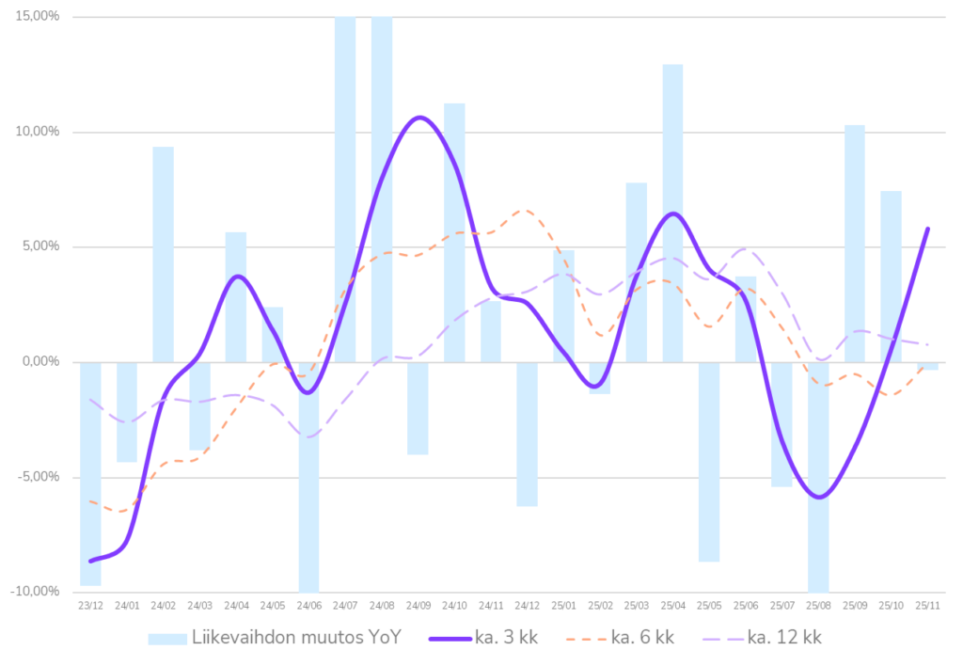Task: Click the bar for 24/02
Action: click(164, 254)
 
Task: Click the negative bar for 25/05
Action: click(709, 462)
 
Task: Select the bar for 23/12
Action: click(90, 474)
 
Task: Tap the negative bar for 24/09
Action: click(418, 408)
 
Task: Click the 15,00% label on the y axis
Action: click(39, 17)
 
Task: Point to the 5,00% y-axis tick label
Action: click(40, 246)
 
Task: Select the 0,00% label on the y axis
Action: click(40, 362)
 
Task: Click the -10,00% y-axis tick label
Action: click(37, 592)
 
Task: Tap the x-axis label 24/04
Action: click(236, 607)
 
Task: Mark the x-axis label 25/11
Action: click(928, 607)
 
